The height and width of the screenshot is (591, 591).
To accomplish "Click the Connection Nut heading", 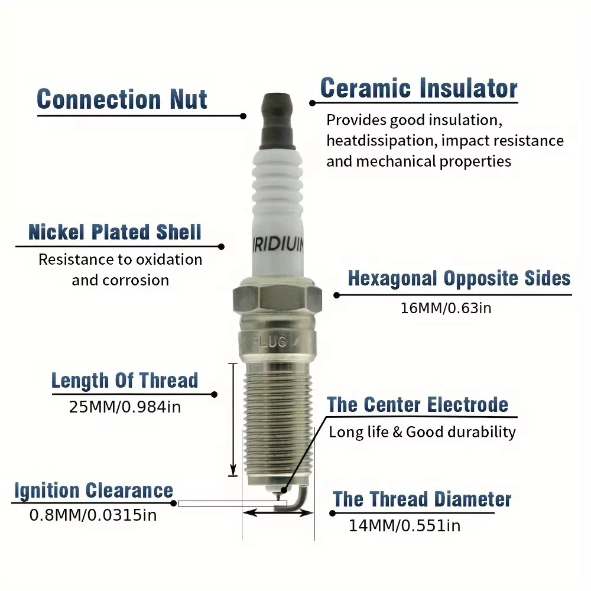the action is [122, 99].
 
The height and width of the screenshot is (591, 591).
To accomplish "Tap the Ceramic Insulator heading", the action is [419, 88].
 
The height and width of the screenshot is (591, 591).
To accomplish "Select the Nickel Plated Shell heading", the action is [115, 232].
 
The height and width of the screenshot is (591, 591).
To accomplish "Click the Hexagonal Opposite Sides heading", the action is [459, 279].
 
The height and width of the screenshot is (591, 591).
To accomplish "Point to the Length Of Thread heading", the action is [125, 380].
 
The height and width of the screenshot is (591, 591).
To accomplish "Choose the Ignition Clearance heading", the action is [94, 491].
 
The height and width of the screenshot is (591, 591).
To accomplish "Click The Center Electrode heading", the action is [418, 405].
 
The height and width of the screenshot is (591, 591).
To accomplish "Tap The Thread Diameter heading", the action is [422, 499].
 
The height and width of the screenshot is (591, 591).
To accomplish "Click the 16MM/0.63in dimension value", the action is [446, 309].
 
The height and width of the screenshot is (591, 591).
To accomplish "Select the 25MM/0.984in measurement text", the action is [125, 407].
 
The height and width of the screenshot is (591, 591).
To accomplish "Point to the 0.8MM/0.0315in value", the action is [93, 515].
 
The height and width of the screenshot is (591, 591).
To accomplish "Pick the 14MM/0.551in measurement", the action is [404, 526].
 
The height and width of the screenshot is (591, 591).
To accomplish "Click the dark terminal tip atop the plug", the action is [277, 121].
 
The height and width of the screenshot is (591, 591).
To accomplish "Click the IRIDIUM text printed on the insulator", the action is [278, 245].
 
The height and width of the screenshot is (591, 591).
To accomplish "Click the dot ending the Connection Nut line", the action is [243, 116].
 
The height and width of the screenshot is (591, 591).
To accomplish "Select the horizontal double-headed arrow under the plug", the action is [278, 512].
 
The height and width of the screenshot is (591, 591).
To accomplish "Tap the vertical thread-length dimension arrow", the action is [233, 420].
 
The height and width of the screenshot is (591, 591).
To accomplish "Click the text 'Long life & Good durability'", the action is [422, 433].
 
